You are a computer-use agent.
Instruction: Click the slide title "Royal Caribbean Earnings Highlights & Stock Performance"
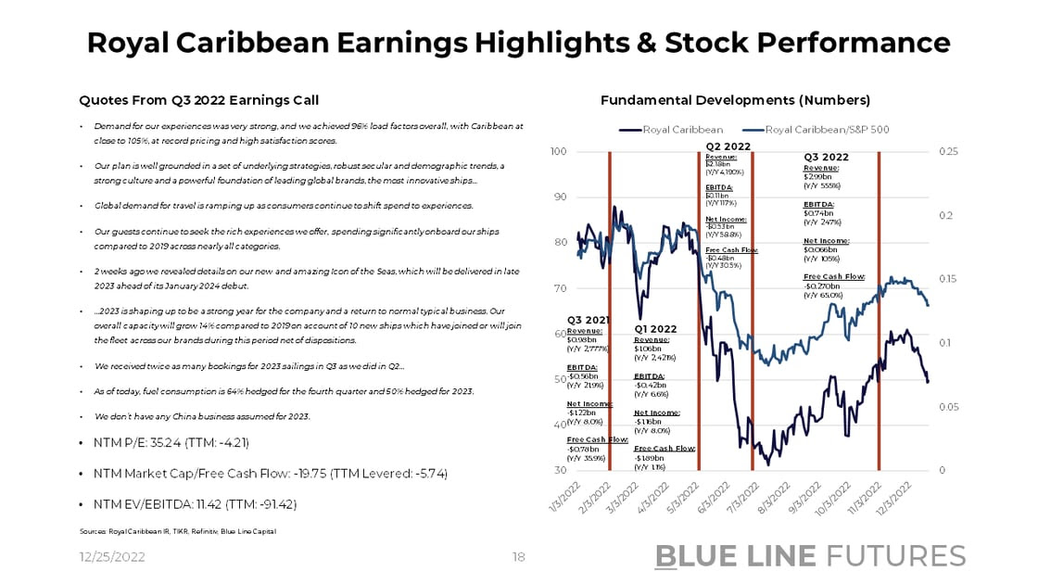(518, 43)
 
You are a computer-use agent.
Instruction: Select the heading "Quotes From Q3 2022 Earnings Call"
(198, 100)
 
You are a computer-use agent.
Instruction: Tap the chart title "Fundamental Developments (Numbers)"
(735, 100)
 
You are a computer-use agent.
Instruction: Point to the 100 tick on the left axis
(558, 151)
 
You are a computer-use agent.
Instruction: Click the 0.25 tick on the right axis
(950, 151)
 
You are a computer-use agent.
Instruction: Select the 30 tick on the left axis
(561, 471)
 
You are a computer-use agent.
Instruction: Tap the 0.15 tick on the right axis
(950, 279)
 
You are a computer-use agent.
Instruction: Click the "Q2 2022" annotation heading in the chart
(728, 146)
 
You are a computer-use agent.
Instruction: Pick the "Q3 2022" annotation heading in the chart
(826, 158)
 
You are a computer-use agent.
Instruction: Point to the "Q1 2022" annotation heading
(656, 329)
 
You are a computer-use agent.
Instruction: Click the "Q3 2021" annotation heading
(589, 320)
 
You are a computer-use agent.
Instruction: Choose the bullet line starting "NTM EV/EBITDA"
(195, 503)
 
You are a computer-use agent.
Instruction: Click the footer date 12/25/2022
(110, 557)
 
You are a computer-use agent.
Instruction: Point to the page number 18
(519, 557)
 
